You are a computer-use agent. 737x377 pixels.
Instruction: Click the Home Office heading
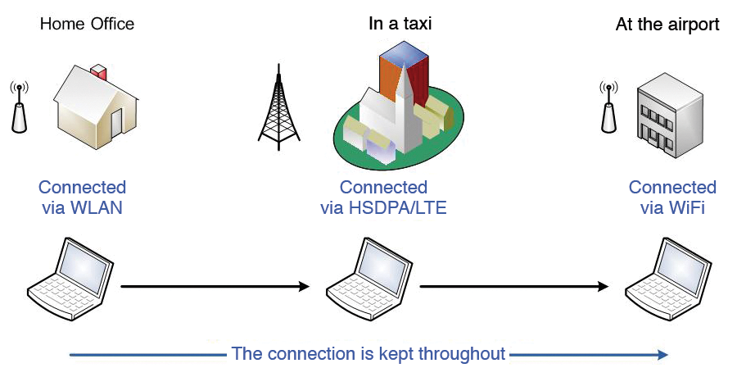click(x=87, y=24)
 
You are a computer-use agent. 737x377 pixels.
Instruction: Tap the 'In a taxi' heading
click(x=400, y=24)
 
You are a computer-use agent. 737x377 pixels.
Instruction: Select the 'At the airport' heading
click(x=667, y=25)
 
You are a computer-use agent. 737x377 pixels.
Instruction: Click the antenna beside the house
click(x=19, y=108)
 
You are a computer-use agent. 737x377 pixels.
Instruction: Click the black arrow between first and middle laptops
click(x=215, y=287)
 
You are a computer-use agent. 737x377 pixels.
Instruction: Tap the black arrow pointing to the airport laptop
click(x=514, y=287)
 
